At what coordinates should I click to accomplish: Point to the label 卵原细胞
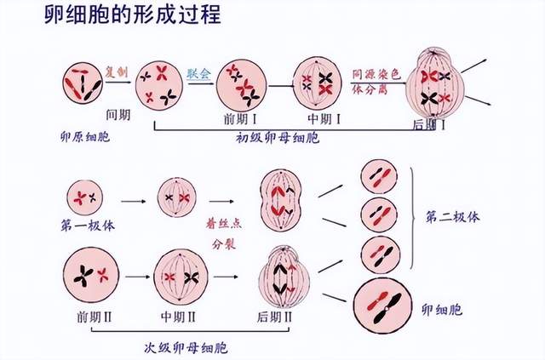[x=86, y=136]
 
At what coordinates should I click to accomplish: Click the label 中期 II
[x=179, y=317]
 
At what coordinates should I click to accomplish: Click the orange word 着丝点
[x=222, y=223]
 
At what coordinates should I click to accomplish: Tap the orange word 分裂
[x=222, y=242]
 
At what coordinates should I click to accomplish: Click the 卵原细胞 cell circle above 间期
[x=83, y=82]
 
